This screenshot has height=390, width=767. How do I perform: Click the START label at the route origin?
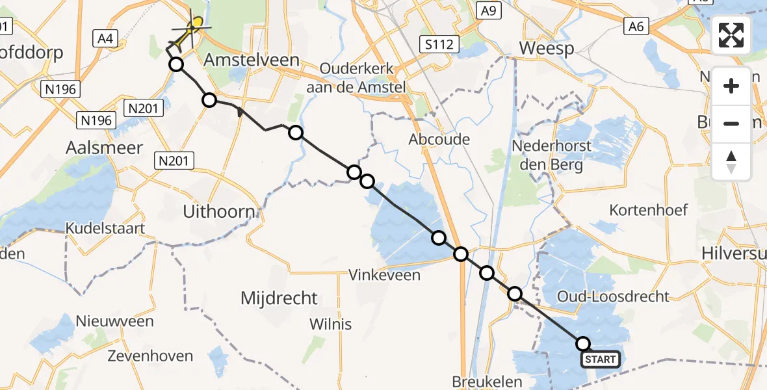[600, 359]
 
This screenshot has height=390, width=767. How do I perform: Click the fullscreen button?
[731, 34]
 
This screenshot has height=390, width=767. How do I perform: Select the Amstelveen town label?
[252, 60]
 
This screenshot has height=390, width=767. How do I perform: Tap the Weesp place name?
[546, 49]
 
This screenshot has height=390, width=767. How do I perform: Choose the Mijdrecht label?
[279, 298]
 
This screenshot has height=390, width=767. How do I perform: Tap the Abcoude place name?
[439, 139]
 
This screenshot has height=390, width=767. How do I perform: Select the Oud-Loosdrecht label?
[613, 297]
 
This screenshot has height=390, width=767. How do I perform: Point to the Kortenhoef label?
[648, 210]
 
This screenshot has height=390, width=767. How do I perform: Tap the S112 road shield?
[439, 44]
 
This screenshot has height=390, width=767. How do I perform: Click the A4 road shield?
[104, 40]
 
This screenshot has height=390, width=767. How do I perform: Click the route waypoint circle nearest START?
[582, 344]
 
